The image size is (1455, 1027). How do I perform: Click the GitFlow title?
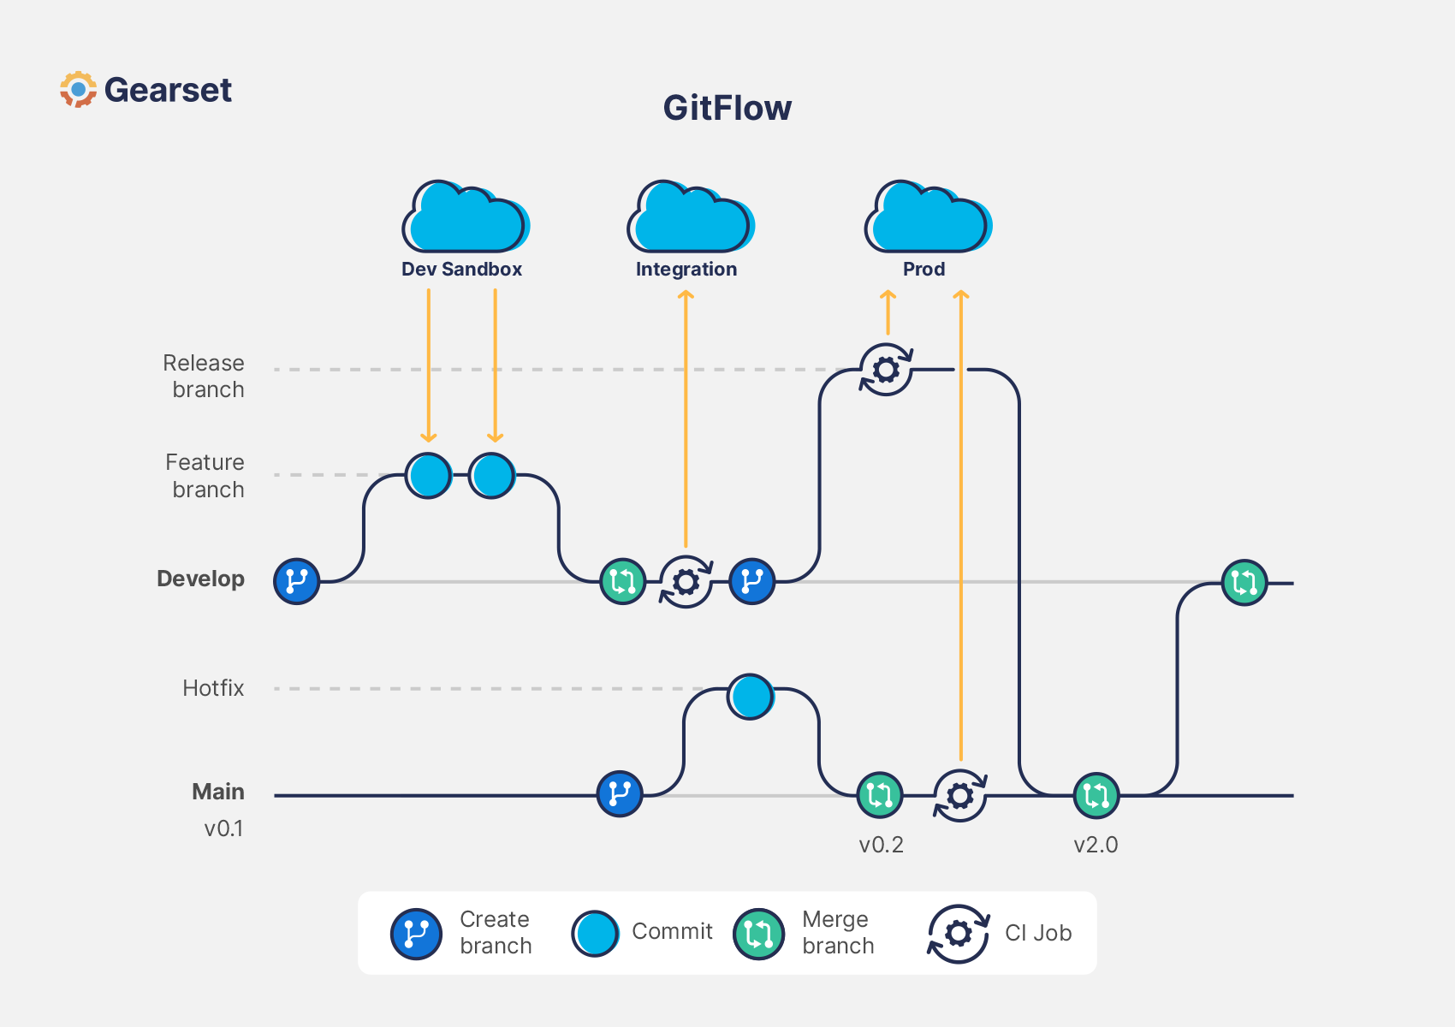[727, 109]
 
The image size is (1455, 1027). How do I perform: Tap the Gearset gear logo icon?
[78, 90]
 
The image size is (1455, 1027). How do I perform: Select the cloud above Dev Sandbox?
[465, 218]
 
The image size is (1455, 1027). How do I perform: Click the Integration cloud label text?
[686, 270]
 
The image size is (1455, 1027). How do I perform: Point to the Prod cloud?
[927, 218]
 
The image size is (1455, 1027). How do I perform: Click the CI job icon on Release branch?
[886, 370]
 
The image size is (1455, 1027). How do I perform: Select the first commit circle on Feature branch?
[428, 476]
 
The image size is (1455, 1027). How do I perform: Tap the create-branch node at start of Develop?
[296, 582]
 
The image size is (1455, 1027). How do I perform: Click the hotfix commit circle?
[751, 697]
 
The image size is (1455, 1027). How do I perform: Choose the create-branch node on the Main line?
[619, 794]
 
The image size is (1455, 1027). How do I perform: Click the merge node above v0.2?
[879, 795]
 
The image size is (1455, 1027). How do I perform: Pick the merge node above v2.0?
[1096, 795]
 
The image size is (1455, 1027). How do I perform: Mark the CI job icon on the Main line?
[959, 796]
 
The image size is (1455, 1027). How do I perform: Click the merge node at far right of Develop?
[1244, 583]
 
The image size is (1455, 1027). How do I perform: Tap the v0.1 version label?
[223, 828]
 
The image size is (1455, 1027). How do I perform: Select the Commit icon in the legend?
[595, 934]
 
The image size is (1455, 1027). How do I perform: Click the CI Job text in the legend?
[1038, 933]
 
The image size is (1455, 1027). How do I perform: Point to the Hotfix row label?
[213, 688]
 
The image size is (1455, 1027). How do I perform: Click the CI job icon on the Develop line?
[686, 582]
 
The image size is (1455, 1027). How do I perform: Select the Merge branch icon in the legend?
[758, 934]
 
